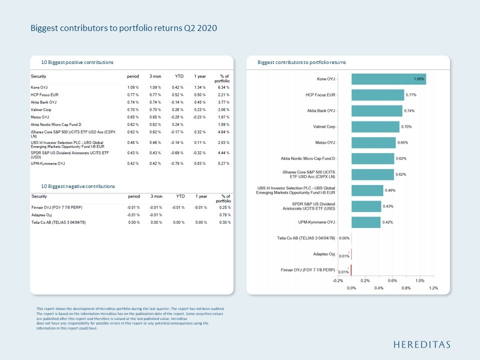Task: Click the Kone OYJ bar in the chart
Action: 388,79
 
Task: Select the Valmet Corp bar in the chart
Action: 375,126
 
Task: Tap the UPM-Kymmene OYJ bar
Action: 365,222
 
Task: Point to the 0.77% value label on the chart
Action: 411,95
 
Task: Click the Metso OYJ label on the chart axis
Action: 325,142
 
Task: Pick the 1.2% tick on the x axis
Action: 433,288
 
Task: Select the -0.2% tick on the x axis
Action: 338,280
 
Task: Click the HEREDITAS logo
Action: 421,344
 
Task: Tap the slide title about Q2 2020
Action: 123,28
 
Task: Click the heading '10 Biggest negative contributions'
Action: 78,186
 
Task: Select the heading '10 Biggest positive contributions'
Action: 77,62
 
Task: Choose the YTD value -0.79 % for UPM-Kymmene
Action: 177,163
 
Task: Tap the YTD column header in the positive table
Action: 179,76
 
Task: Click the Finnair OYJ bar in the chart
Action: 351,270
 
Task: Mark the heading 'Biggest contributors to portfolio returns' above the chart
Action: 301,62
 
